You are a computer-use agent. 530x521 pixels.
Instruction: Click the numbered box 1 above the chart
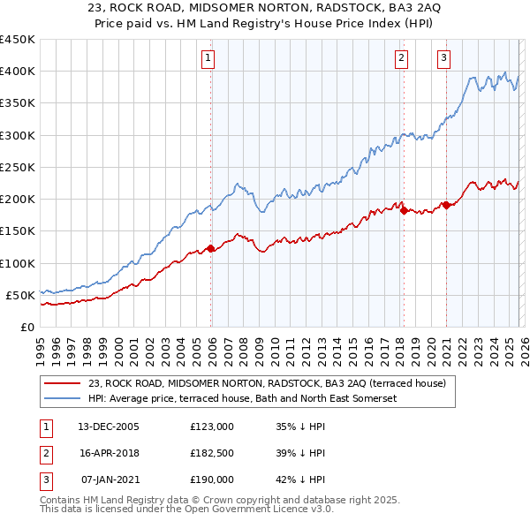(x=208, y=58)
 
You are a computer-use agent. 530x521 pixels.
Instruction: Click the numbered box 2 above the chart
(x=401, y=58)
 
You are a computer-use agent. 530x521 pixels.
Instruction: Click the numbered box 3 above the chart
(x=443, y=58)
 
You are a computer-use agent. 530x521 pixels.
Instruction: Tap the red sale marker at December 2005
(x=211, y=249)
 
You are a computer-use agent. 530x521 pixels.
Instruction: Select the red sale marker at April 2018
(x=404, y=211)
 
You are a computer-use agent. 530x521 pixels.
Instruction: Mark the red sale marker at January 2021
(x=446, y=206)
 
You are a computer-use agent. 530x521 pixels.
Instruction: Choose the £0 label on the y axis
(x=26, y=327)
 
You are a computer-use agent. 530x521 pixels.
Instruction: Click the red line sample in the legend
(x=62, y=383)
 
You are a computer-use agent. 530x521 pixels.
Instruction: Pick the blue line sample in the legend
(x=62, y=398)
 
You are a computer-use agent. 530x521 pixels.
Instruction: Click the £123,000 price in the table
(x=212, y=427)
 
